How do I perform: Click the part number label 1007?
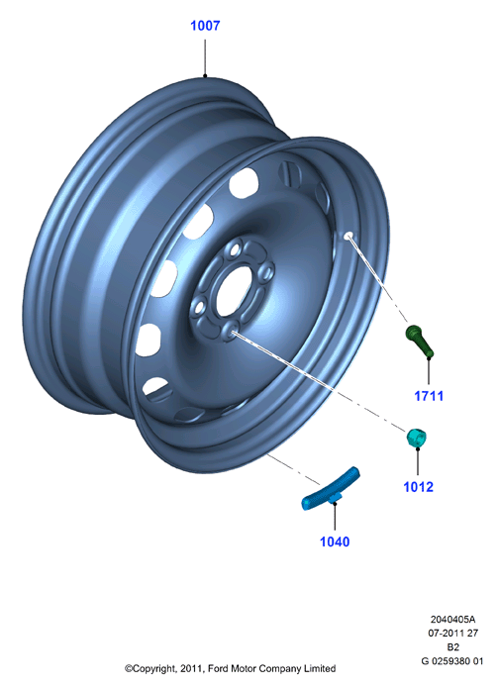205,26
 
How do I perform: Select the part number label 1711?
429,396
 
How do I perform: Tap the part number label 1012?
418,487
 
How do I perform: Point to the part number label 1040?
335,541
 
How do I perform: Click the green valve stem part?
420,341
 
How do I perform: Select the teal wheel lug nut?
416,439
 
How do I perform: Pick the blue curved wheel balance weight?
332,489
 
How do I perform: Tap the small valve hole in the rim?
349,236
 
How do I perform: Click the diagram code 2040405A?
452,619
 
